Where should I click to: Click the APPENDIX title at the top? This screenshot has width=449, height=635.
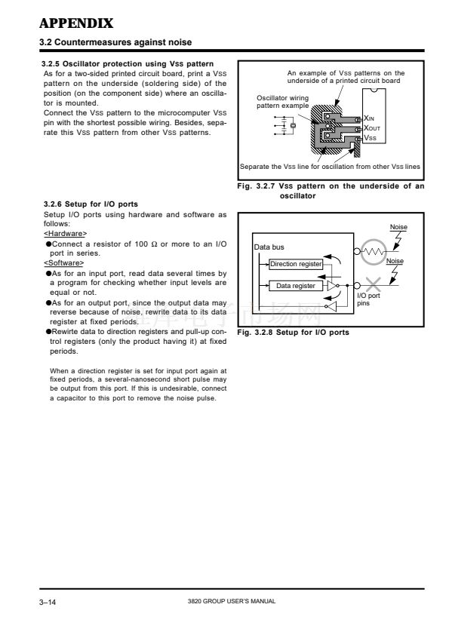point(76,23)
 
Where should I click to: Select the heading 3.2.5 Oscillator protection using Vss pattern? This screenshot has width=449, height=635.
point(128,63)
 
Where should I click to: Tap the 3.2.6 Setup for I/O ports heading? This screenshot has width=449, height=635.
point(91,204)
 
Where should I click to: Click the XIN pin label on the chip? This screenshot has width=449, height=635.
point(369,118)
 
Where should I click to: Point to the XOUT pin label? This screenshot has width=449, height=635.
point(372,128)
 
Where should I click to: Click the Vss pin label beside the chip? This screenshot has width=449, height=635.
point(370,138)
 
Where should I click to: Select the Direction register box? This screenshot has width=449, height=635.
point(296,264)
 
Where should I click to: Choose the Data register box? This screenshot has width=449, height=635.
point(296,286)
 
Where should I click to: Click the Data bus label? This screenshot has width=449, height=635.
point(269,247)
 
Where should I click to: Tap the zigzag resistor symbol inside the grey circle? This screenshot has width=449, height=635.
point(374,252)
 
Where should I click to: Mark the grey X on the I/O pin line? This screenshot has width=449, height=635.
point(374,284)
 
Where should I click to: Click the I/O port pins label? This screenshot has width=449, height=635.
point(368,299)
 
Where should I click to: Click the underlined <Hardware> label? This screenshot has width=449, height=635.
point(65,234)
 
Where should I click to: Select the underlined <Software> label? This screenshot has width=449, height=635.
point(63,263)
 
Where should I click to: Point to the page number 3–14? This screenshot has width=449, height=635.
point(48,603)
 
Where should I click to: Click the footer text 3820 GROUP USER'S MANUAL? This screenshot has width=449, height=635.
point(232,601)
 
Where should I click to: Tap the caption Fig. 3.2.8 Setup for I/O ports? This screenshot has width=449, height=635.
point(293,333)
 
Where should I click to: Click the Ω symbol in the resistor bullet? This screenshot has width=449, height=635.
point(154,244)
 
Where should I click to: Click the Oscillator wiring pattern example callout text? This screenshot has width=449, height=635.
point(282,102)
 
